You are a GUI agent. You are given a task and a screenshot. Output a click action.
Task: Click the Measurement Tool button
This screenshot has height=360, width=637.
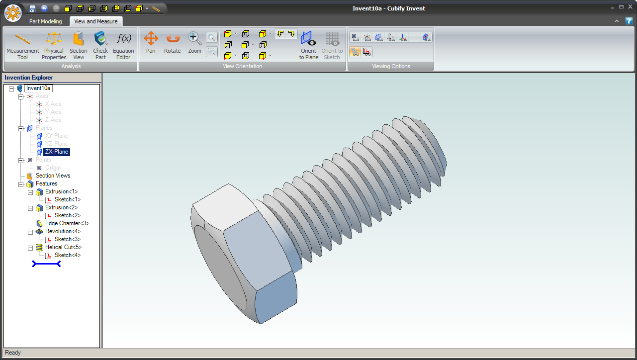pos(22,45)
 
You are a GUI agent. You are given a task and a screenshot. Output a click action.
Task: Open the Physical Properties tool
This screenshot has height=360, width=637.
pos(54,45)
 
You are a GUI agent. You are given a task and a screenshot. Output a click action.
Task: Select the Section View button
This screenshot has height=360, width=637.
pos(78,45)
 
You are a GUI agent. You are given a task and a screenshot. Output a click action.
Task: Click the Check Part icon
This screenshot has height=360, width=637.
pos(100,45)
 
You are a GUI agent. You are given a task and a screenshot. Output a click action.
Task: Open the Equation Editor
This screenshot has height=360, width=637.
pos(123,45)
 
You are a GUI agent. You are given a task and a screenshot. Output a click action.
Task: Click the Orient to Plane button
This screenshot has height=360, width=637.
pos(308,45)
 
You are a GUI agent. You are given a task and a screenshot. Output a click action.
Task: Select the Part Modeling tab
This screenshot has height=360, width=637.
pos(45,21)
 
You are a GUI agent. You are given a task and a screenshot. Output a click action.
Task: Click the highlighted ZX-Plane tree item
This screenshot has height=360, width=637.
pos(57,152)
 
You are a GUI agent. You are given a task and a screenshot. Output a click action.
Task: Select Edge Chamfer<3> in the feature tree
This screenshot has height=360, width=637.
pos(67,223)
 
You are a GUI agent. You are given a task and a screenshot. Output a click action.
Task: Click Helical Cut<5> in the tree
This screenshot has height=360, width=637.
pos(63,247)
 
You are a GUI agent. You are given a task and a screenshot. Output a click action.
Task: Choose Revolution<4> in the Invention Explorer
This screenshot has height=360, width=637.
pos(63,231)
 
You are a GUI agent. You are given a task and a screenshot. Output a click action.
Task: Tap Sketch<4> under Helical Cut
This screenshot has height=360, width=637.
pos(67,255)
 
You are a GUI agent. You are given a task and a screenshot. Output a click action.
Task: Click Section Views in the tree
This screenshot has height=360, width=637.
pos(53,176)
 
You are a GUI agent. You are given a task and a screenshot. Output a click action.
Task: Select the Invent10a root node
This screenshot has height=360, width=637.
pos(38,88)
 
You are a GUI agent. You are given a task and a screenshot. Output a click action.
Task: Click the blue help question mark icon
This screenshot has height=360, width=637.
pos(629,21)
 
